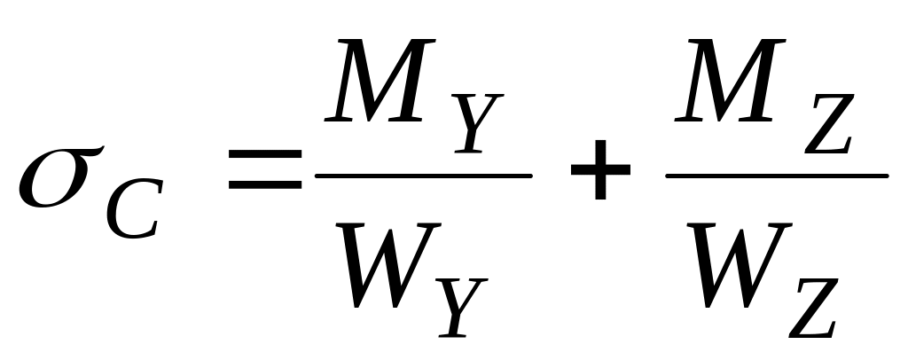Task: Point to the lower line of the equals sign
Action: (264, 187)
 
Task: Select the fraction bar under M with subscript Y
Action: (424, 176)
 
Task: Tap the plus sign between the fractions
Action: (600, 175)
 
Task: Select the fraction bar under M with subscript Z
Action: (777, 176)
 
